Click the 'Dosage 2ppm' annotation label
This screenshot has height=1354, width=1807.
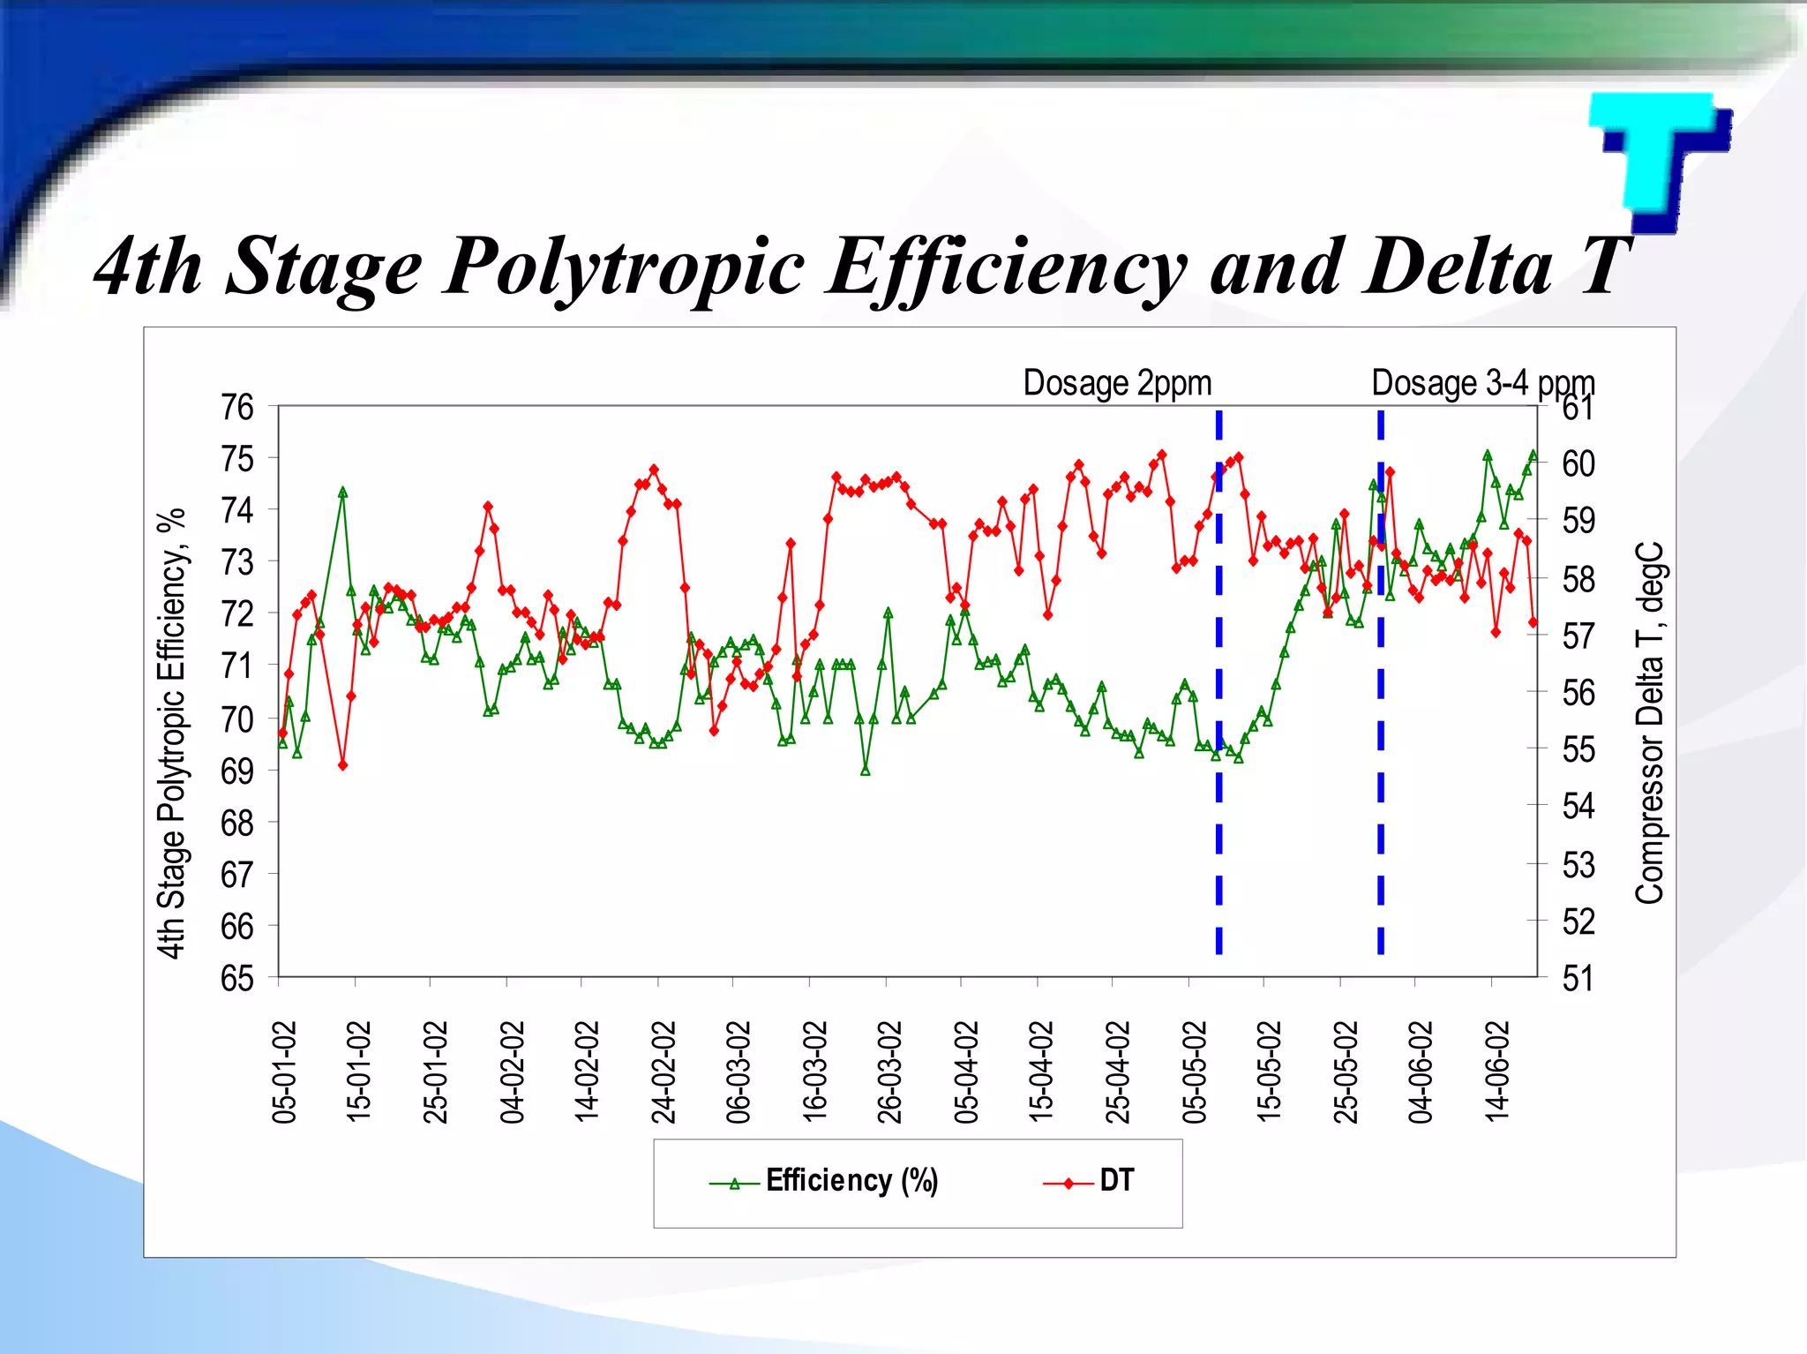coord(1117,384)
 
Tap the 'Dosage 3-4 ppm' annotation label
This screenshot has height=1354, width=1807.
coord(1482,384)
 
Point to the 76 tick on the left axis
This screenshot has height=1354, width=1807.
coord(237,408)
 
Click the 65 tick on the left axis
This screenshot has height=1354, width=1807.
coord(237,978)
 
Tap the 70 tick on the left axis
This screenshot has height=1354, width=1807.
coord(237,719)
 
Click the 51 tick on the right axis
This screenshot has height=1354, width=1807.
coord(1578,979)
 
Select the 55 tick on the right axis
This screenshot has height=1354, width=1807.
coord(1578,750)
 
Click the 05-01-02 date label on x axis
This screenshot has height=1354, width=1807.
coord(284,1072)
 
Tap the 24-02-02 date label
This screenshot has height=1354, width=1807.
coord(664,1072)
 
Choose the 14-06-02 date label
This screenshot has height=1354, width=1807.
coord(1497,1072)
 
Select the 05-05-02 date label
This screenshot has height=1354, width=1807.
coord(1194,1072)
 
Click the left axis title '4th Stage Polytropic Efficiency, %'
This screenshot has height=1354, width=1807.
coord(172,733)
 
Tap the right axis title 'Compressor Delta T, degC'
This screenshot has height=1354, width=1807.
coord(1648,722)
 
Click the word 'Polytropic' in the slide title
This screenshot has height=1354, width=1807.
coord(624,267)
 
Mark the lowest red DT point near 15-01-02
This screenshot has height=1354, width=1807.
coord(342,765)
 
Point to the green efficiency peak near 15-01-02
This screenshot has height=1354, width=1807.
coord(342,493)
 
